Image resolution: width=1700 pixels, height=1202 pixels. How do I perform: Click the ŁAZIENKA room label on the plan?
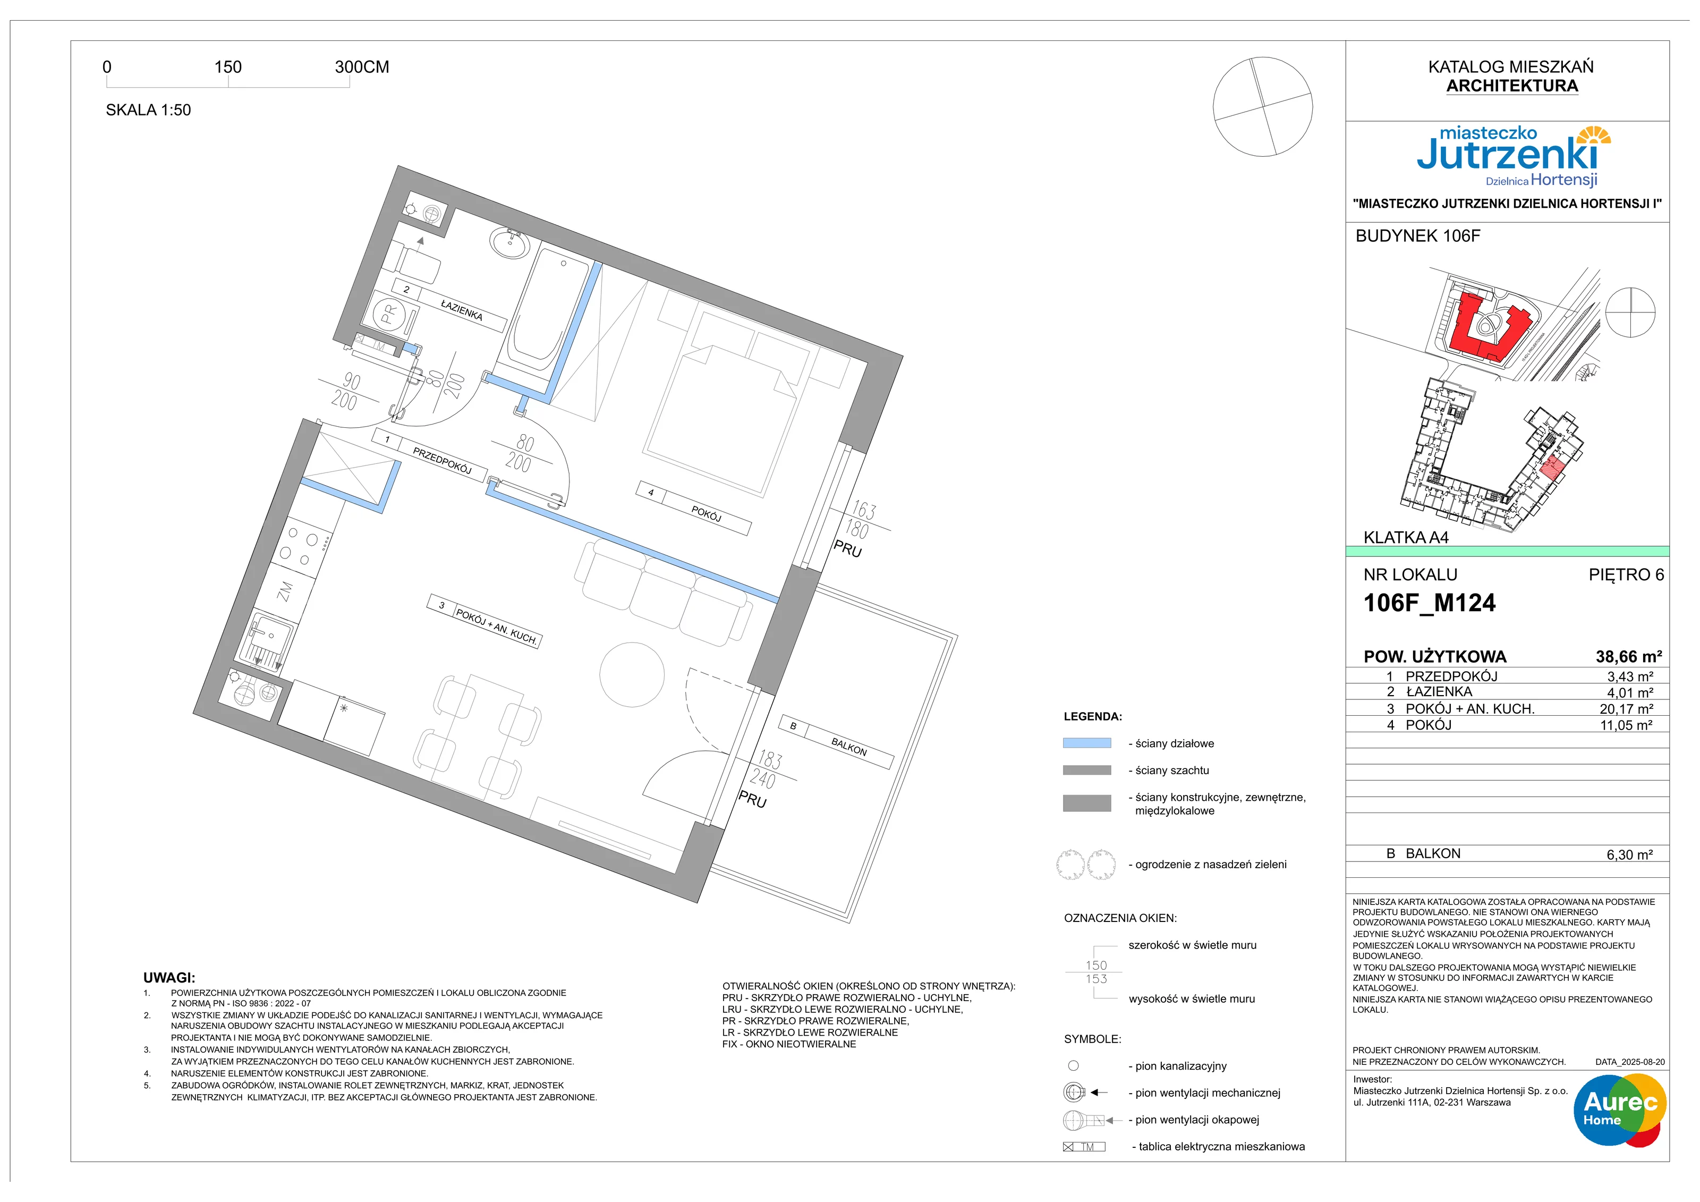[x=461, y=310]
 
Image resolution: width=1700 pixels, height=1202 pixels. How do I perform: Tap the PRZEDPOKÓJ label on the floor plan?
[x=442, y=460]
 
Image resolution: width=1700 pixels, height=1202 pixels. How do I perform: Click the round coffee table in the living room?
[x=632, y=674]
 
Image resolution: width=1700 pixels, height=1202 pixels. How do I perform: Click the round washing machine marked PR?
[x=389, y=315]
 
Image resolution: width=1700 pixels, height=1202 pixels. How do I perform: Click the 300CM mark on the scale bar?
[x=362, y=66]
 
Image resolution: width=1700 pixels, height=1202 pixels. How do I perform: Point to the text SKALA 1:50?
[x=148, y=109]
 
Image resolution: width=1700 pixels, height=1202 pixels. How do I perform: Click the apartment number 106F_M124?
[x=1429, y=603]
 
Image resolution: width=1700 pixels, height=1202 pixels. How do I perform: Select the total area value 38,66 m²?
[x=1628, y=656]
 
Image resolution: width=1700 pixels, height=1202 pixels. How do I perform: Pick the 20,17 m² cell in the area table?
[x=1626, y=709]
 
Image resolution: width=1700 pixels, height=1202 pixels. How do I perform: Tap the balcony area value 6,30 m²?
[x=1629, y=854]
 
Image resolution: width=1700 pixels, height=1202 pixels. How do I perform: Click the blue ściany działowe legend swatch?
[x=1086, y=743]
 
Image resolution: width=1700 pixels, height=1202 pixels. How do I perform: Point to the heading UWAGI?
[x=169, y=978]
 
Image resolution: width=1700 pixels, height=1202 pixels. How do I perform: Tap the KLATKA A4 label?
[x=1405, y=538]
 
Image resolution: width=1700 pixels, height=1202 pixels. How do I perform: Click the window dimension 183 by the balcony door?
[x=769, y=760]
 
